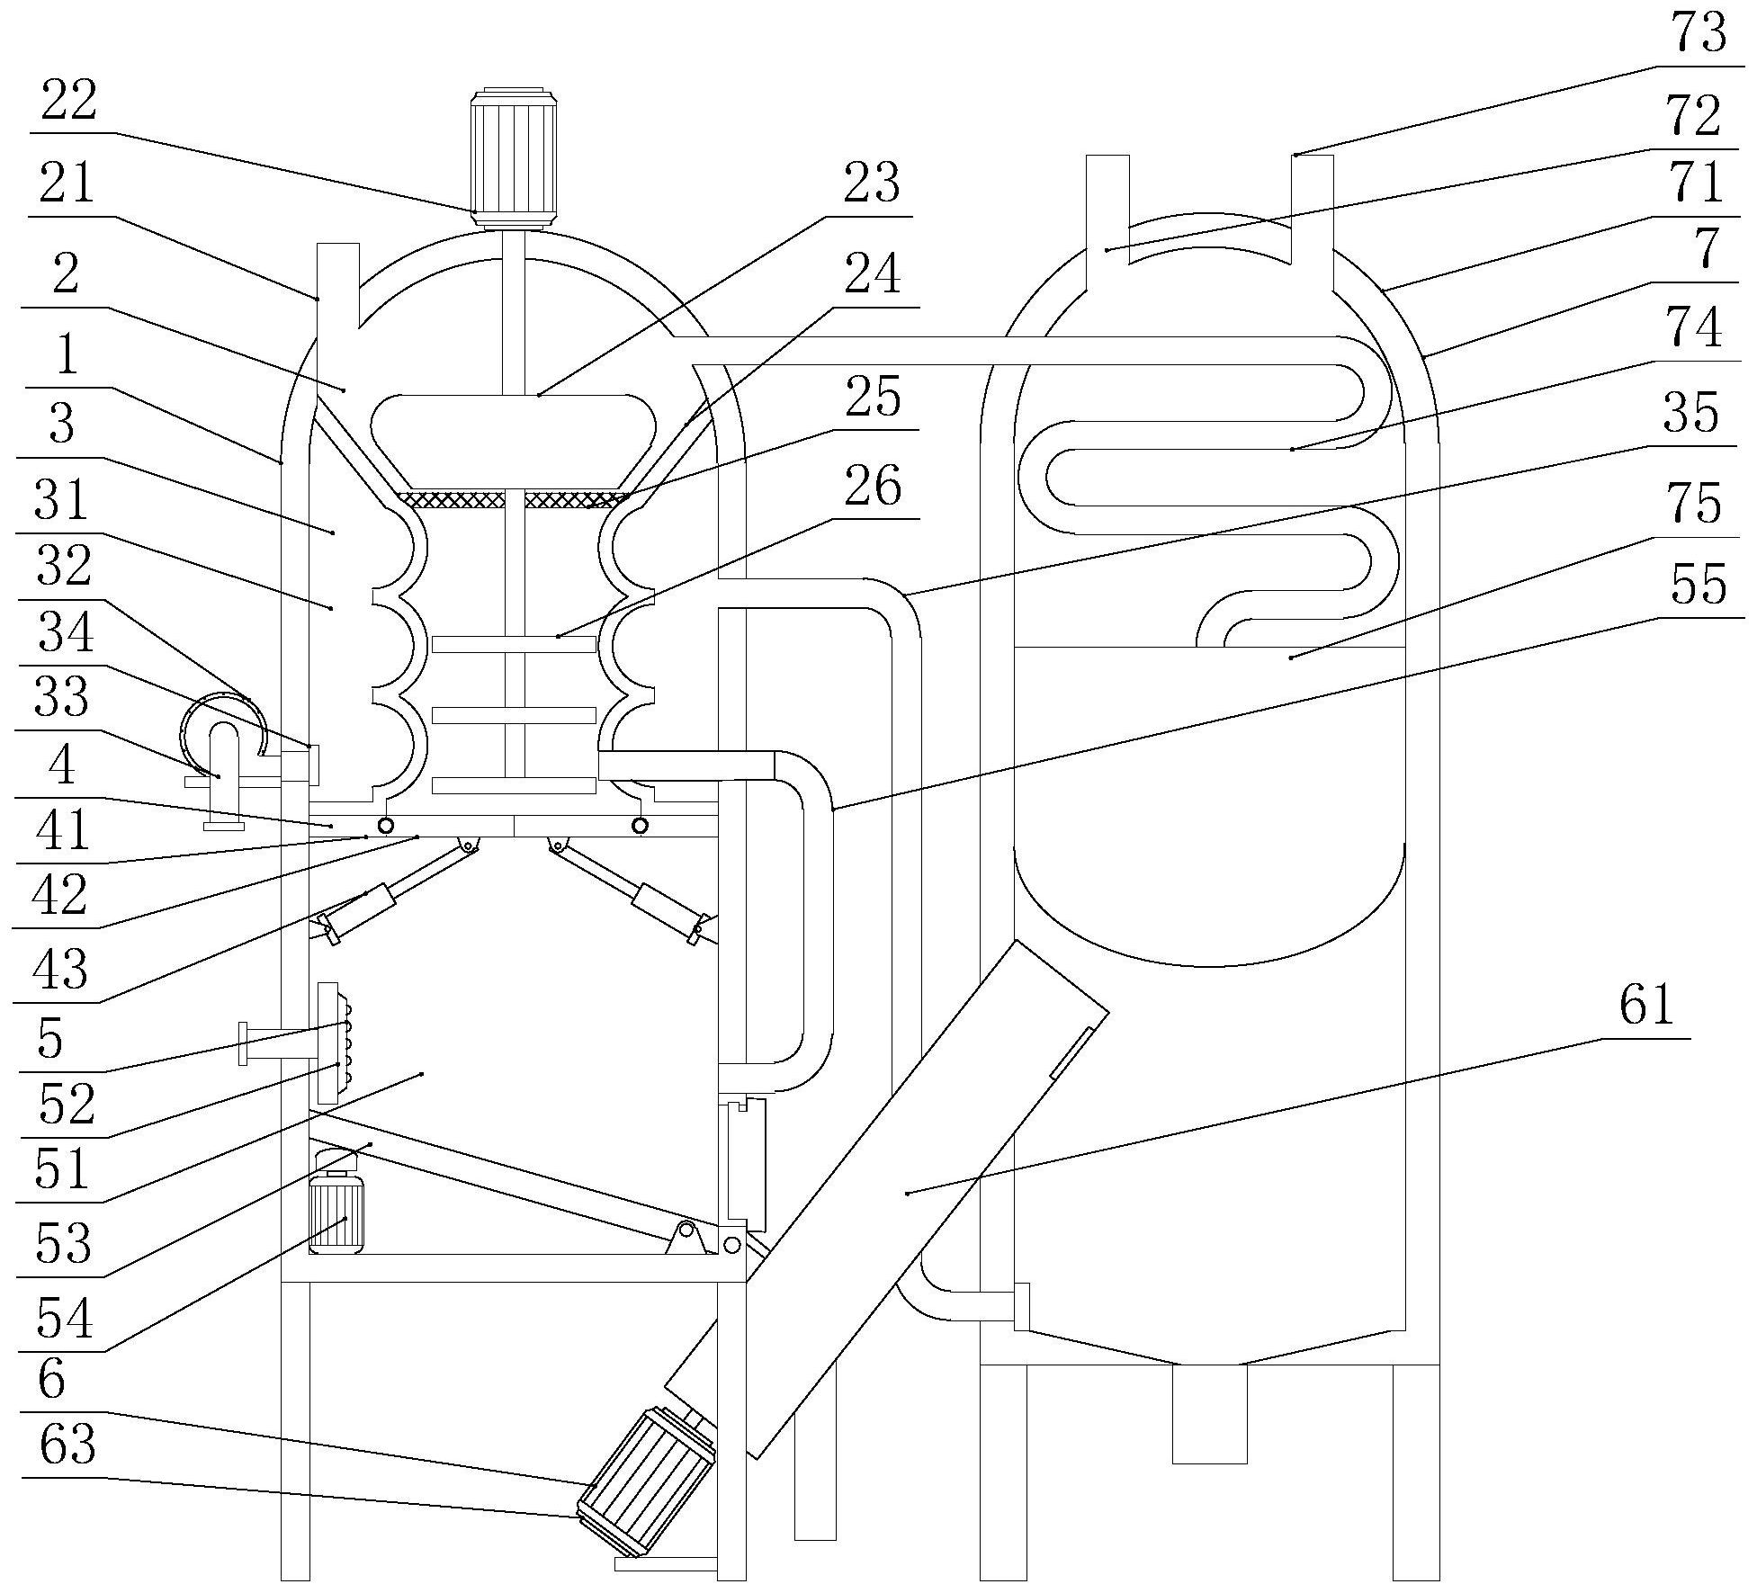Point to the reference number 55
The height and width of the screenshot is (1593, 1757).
click(x=1698, y=586)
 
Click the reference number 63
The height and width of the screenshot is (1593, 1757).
click(x=68, y=1445)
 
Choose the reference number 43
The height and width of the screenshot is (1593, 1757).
click(x=60, y=971)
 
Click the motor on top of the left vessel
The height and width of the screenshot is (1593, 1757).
click(x=515, y=157)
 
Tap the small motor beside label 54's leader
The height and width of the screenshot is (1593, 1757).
click(x=336, y=1214)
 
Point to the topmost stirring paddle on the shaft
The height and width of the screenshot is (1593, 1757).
click(x=514, y=644)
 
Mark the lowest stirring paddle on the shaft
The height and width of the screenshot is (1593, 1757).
click(x=514, y=785)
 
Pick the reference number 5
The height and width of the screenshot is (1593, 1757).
click(x=50, y=1040)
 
